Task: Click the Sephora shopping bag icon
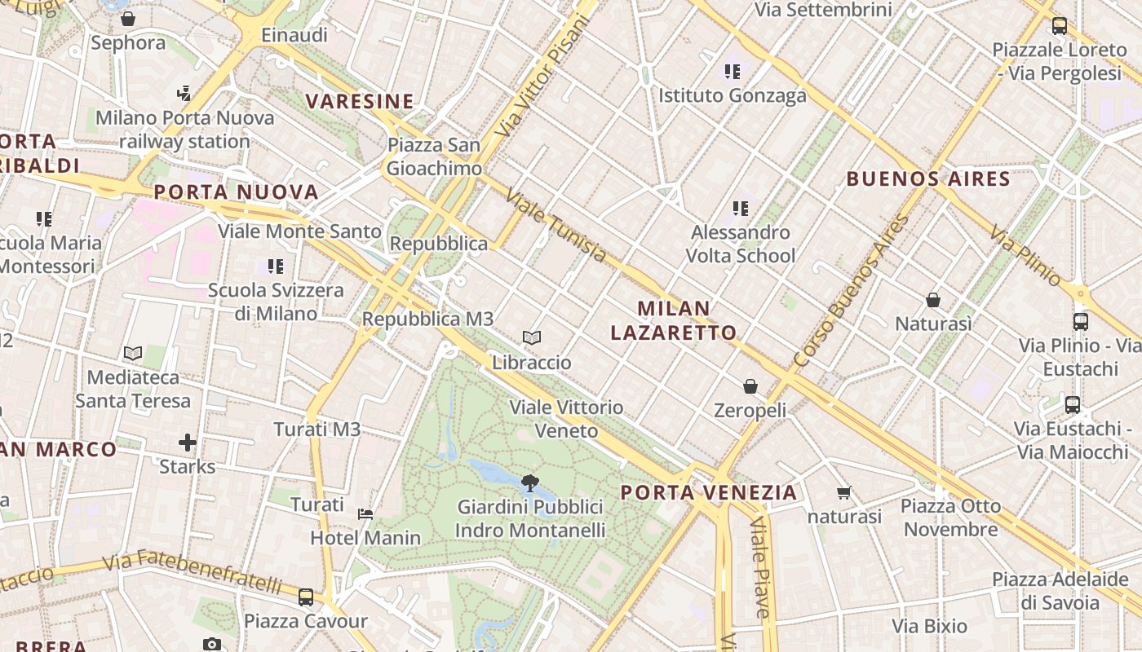(128, 19)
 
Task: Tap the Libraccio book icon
(532, 337)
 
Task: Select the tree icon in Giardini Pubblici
(530, 482)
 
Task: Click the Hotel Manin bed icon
(365, 513)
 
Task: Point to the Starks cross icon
(188, 443)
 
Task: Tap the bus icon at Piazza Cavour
(306, 597)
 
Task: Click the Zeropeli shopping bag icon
(750, 386)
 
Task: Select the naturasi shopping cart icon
(844, 492)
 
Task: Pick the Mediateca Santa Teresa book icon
(133, 353)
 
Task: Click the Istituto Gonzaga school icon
(733, 72)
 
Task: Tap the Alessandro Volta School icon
(741, 209)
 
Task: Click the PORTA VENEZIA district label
(708, 492)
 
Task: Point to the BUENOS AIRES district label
(928, 178)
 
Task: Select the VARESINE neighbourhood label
(360, 101)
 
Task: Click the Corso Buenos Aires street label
(851, 290)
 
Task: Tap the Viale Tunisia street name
(556, 227)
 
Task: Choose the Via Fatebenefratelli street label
(193, 571)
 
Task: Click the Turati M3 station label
(317, 430)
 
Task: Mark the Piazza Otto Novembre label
(950, 518)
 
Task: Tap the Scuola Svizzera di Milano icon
(276, 267)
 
